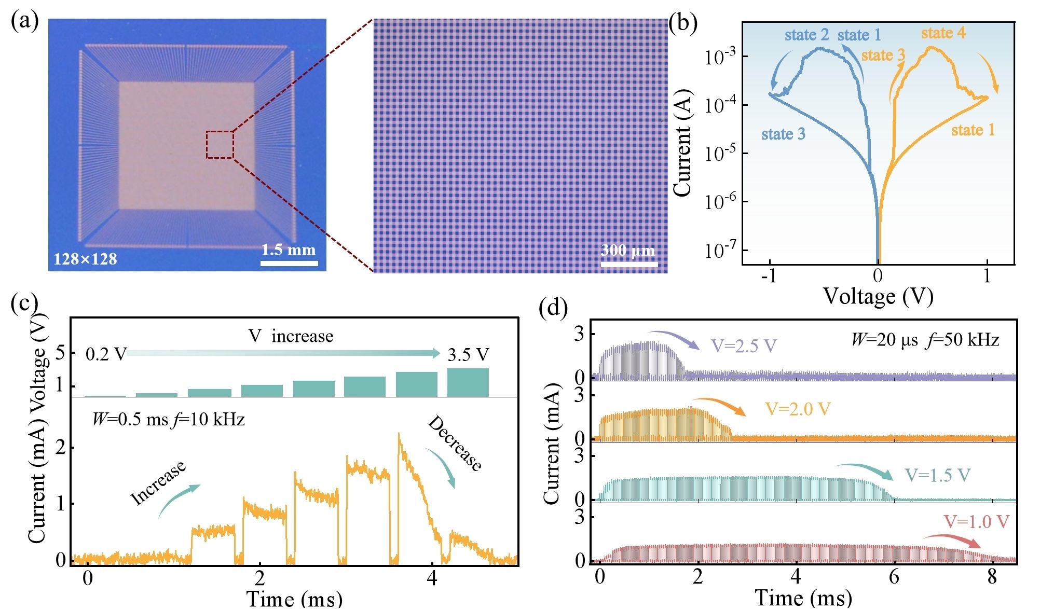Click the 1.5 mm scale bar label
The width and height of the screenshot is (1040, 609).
click(x=288, y=250)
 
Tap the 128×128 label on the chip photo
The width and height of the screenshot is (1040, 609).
click(x=85, y=259)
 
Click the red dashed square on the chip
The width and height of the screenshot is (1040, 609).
click(x=220, y=145)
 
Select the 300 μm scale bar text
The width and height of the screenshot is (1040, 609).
click(x=627, y=251)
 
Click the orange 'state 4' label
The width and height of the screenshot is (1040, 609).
click(x=943, y=33)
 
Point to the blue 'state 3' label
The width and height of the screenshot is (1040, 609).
click(x=783, y=134)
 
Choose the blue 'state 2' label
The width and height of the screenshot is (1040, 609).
click(x=806, y=35)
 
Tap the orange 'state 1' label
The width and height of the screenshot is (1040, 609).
click(x=973, y=130)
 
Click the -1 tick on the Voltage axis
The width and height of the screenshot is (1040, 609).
click(x=769, y=276)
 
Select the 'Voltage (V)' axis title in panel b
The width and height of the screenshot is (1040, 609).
click(x=878, y=297)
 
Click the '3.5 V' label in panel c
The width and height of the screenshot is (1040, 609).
click(x=468, y=355)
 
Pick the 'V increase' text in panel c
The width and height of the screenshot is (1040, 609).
click(x=291, y=336)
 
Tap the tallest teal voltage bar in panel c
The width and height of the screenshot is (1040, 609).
click(x=468, y=382)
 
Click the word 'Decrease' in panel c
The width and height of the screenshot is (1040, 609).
click(x=455, y=444)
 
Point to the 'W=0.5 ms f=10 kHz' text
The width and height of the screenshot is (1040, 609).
click(x=168, y=419)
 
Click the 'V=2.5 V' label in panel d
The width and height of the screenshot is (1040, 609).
click(x=743, y=346)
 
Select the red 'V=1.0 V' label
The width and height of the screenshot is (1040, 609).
click(x=976, y=521)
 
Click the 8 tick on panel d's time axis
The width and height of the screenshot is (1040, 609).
click(x=992, y=576)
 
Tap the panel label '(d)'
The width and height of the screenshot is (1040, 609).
click(x=553, y=308)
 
